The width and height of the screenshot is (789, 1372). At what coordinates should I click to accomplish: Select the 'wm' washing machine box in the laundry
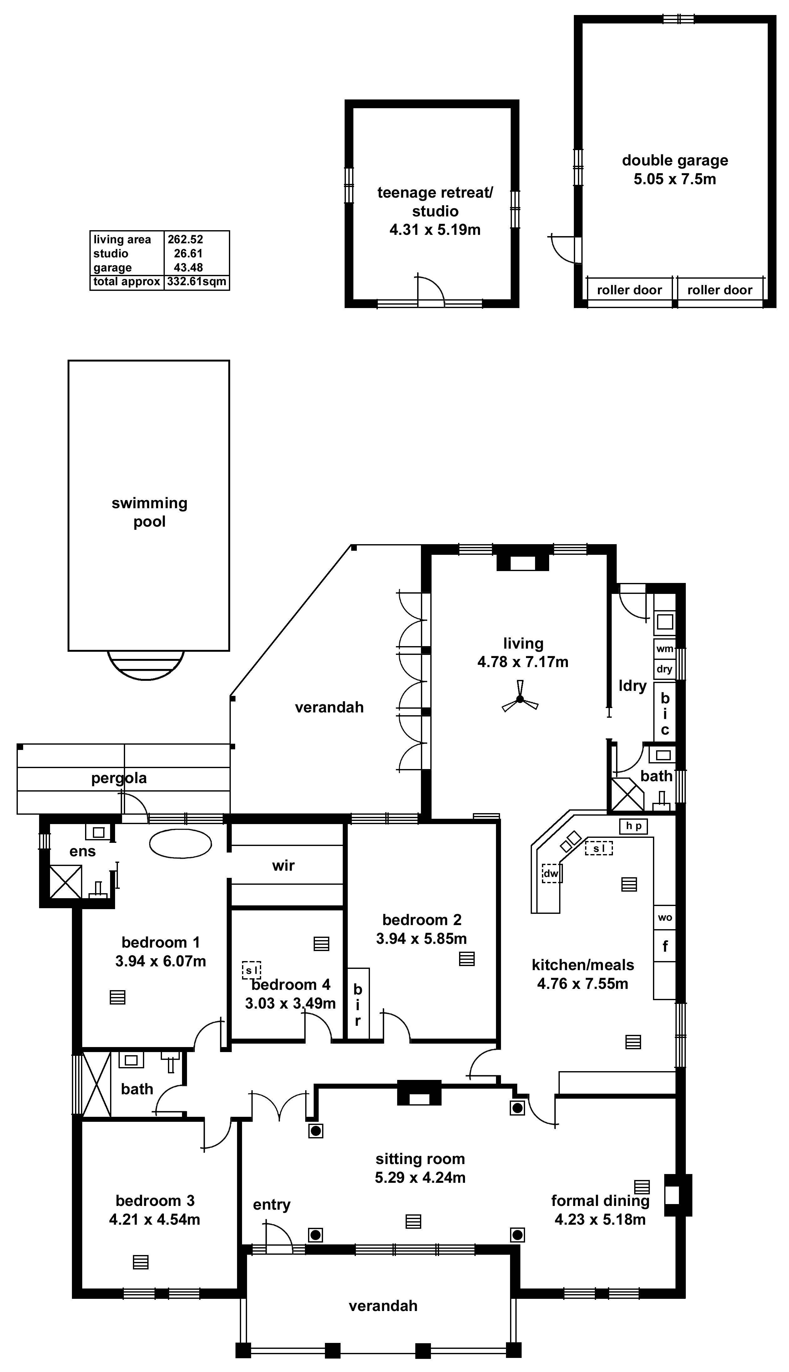click(664, 649)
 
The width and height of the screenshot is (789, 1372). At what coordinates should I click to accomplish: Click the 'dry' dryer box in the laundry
click(664, 669)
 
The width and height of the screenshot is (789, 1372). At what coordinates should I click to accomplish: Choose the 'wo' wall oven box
click(665, 917)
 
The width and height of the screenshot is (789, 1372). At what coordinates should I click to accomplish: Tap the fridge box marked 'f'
click(665, 946)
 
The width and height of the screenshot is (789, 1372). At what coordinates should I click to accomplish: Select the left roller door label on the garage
click(629, 290)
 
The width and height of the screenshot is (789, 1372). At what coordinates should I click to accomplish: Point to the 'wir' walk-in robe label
click(283, 865)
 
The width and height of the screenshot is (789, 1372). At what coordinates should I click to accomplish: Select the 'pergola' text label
click(119, 778)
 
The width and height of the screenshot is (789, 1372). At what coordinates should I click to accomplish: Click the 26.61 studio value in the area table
click(188, 254)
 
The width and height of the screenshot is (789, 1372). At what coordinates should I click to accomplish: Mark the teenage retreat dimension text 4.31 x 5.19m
click(435, 230)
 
